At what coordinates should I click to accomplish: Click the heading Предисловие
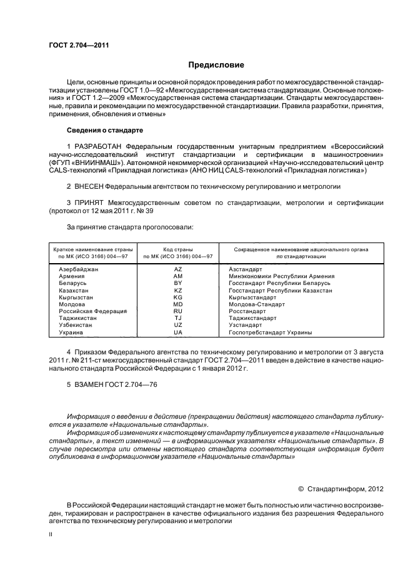(216, 65)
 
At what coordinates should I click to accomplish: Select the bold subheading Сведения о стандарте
(104, 130)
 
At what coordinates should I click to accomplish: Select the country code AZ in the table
(177, 269)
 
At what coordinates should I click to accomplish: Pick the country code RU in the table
(177, 311)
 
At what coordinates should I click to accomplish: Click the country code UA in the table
(177, 332)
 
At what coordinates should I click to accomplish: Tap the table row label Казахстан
(74, 290)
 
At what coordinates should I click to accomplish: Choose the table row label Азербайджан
(79, 269)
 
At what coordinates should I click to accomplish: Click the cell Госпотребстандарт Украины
(271, 332)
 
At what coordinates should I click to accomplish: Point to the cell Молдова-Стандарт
(257, 304)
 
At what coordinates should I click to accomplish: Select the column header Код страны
(177, 249)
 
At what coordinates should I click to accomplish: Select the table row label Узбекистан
(76, 325)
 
